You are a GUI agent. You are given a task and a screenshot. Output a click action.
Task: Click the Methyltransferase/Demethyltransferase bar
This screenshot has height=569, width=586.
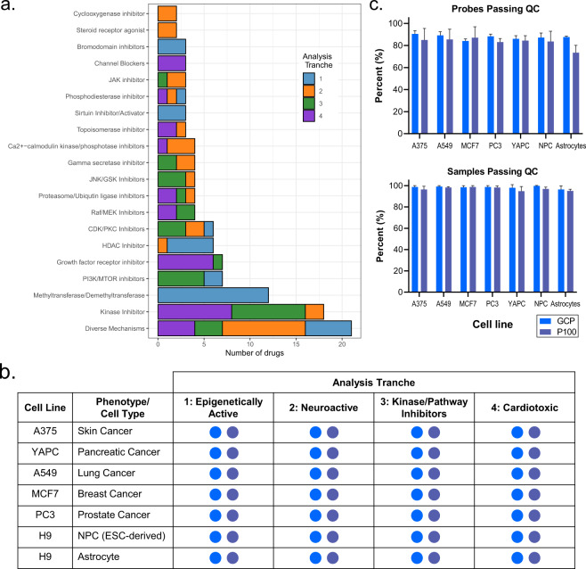click(212, 293)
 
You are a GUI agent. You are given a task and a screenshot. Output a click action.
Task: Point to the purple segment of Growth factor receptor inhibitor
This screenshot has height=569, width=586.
click(185, 260)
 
